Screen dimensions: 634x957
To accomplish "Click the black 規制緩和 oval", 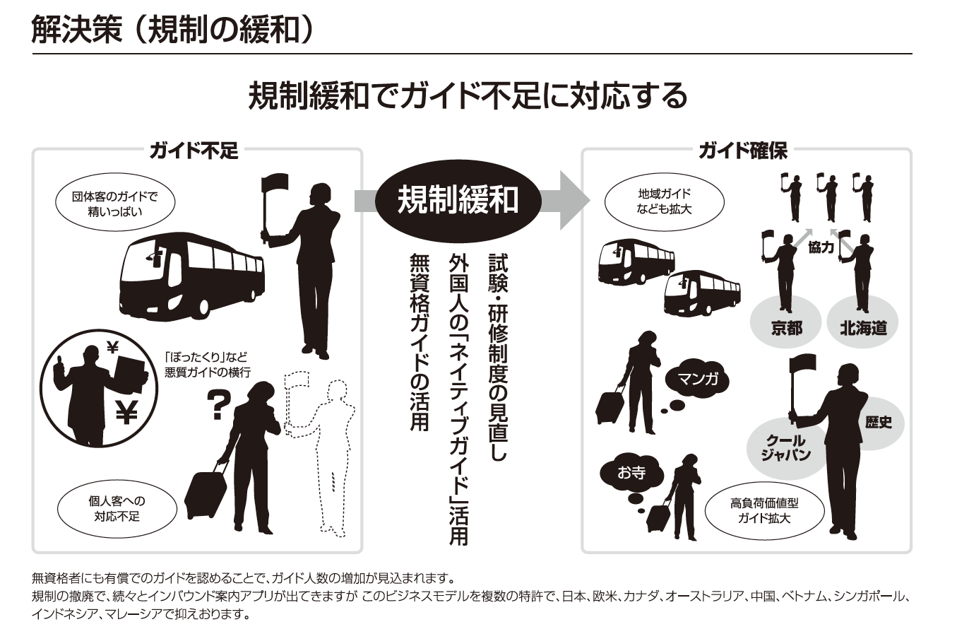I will click(458, 200).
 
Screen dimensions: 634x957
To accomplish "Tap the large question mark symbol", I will click(218, 405).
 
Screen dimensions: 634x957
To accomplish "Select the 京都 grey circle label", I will click(786, 327).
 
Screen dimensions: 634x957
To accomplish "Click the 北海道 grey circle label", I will click(863, 327).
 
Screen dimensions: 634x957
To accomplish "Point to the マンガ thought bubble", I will click(698, 380).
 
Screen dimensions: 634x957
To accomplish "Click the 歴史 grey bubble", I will click(878, 422).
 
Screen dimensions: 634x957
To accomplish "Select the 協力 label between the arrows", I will click(821, 247).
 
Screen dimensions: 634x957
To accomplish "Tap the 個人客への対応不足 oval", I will click(117, 508).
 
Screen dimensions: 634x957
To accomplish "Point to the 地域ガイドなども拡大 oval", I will click(664, 201).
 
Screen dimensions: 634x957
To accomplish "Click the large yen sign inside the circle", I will click(126, 411).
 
